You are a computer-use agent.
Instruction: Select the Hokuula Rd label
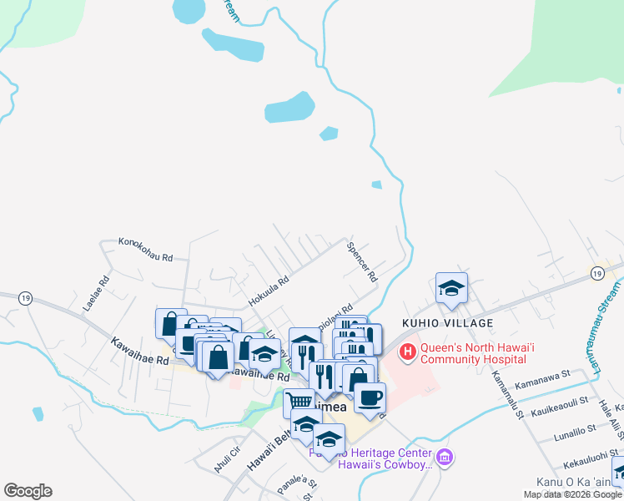pos(268,291)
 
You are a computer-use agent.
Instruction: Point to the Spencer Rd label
pos(363,261)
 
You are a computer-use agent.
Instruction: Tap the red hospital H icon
pos(408,352)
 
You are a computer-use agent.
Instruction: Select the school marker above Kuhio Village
pos(451,289)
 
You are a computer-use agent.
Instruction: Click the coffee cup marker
pos(370,397)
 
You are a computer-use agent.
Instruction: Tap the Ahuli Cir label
pos(227,459)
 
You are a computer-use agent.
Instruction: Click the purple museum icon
pos(445,458)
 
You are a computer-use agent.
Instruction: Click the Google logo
pos(28,491)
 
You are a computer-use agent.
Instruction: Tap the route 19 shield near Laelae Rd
pos(25,297)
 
